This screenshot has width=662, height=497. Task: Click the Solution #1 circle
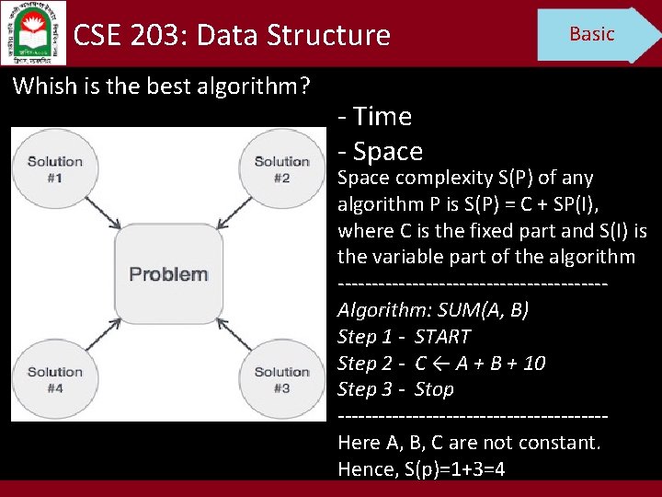[55, 168]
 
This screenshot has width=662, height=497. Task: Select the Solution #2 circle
[281, 168]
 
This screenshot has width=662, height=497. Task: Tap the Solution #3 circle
[281, 379]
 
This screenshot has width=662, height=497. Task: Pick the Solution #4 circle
[55, 379]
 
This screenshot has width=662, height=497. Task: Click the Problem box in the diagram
[168, 273]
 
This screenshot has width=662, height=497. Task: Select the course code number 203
[157, 36]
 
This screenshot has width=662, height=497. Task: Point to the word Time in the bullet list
[382, 117]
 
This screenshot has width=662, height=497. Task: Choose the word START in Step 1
[442, 337]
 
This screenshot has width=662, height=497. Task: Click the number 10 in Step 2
[533, 364]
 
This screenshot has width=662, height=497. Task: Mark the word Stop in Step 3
[434, 389]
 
